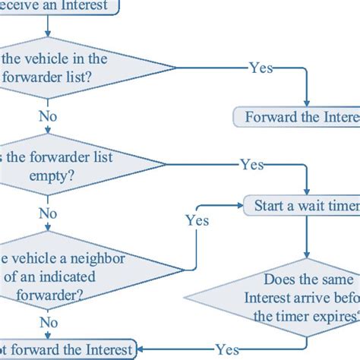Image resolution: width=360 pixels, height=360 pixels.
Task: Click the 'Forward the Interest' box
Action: click(296, 118)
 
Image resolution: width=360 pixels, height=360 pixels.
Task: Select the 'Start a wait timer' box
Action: click(301, 205)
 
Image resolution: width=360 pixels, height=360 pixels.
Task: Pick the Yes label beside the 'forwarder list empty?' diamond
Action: click(251, 164)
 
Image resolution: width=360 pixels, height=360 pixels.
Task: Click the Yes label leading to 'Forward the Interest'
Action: click(261, 67)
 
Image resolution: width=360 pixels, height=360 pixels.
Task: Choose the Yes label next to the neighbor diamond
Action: click(197, 220)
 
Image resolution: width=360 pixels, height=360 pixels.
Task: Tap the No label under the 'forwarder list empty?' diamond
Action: click(48, 213)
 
